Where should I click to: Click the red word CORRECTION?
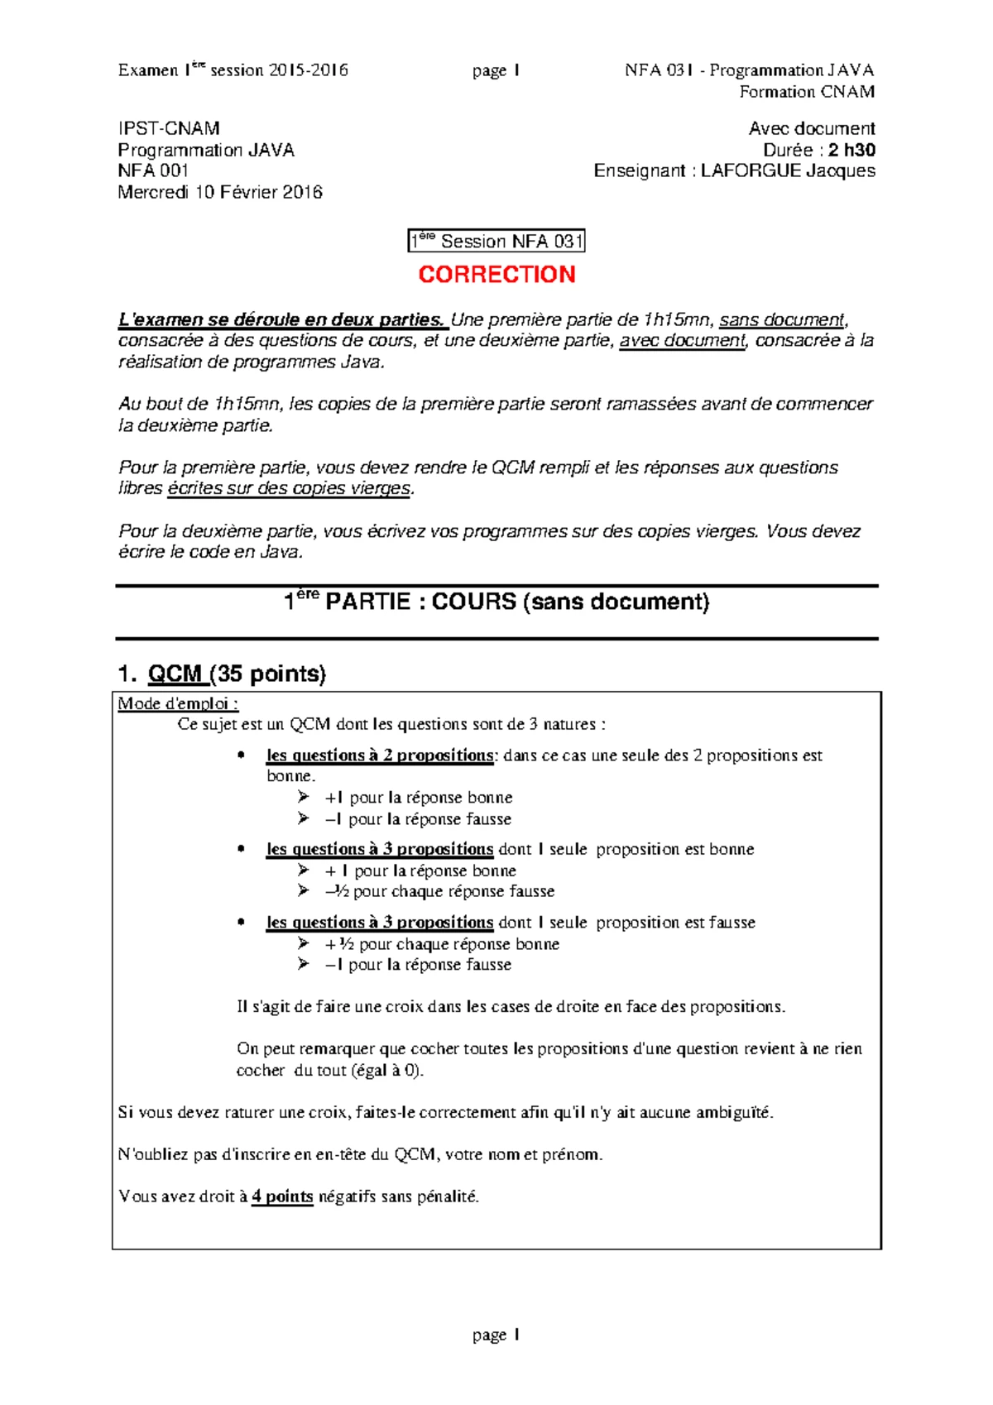(x=496, y=274)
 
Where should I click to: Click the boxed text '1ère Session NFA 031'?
(x=496, y=242)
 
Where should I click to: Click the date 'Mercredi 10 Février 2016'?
(x=220, y=192)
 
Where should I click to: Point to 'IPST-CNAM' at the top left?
(x=169, y=128)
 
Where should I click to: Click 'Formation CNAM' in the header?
(x=807, y=92)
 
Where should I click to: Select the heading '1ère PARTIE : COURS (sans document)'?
(x=496, y=602)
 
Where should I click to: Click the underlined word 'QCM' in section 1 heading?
(x=176, y=674)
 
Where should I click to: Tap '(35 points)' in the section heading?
(x=268, y=674)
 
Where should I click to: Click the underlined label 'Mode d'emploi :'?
(x=178, y=703)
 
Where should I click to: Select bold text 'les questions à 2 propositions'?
(x=379, y=755)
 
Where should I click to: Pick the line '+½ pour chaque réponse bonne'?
(x=442, y=944)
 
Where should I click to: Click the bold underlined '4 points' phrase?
(x=282, y=1196)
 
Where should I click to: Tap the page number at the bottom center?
(x=496, y=1335)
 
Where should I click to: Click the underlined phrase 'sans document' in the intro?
(x=782, y=319)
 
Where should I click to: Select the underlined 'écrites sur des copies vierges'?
(x=289, y=488)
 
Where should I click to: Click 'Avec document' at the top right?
(x=811, y=128)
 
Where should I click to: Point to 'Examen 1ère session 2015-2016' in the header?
(x=233, y=70)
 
